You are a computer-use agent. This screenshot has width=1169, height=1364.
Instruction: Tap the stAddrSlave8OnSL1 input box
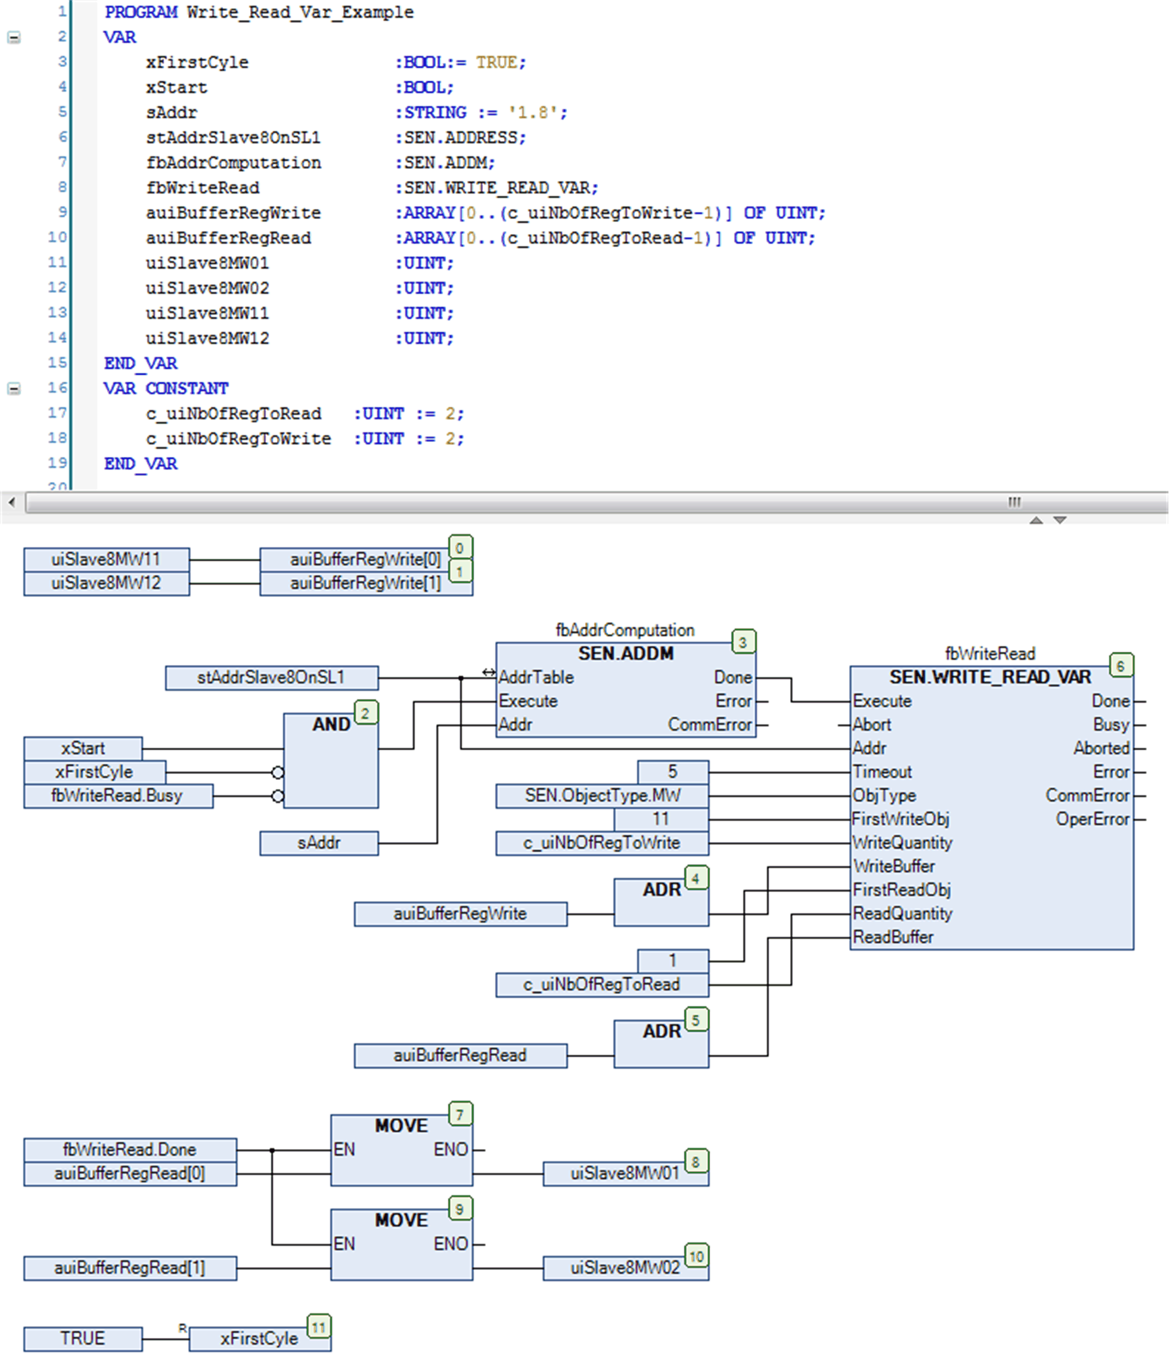[271, 677]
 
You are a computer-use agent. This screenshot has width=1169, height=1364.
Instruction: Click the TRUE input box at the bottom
[83, 1338]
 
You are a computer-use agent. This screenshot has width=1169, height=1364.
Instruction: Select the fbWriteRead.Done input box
[130, 1150]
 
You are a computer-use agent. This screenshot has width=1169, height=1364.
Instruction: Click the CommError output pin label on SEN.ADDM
[710, 725]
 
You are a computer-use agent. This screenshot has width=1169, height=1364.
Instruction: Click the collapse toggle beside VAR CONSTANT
[13, 388]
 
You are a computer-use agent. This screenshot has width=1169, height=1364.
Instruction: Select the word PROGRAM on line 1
[141, 12]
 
